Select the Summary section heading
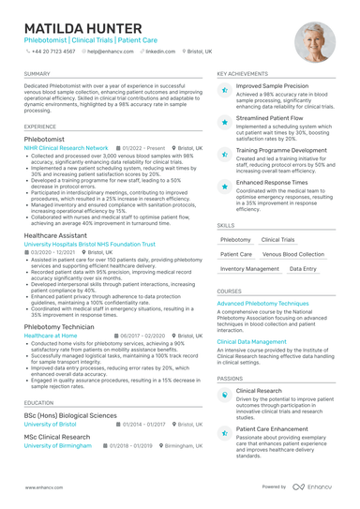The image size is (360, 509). pyautogui.click(x=37, y=73)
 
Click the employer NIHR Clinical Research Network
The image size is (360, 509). pyautogui.click(x=67, y=148)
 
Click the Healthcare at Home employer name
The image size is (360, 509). pyautogui.click(x=52, y=335)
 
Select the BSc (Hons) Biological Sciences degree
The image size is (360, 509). pyautogui.click(x=70, y=414)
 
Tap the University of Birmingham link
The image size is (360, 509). pyautogui.click(x=57, y=446)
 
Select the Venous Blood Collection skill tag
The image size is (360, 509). pyautogui.click(x=293, y=254)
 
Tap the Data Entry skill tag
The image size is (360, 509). pyautogui.click(x=303, y=269)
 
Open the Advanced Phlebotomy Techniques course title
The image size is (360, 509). pyautogui.click(x=262, y=304)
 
